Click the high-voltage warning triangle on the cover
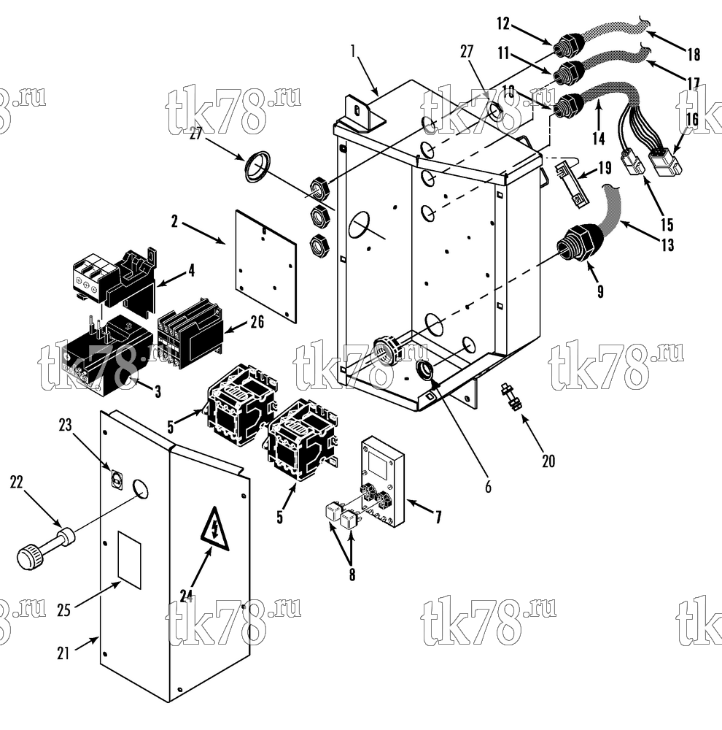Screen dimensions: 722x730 point(214,530)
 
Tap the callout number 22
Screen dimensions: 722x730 point(16,483)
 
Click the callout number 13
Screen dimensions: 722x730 point(667,245)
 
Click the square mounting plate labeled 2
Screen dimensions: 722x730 point(266,266)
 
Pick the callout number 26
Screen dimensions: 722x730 point(257,322)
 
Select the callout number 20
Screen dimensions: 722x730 point(548,461)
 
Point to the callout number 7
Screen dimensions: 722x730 point(438,516)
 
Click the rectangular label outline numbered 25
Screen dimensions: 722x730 point(129,560)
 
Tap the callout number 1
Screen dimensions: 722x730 point(353,50)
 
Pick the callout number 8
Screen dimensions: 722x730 point(352,575)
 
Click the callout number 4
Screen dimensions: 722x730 point(191,271)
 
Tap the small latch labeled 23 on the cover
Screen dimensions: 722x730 point(117,479)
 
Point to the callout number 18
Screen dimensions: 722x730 point(694,55)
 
